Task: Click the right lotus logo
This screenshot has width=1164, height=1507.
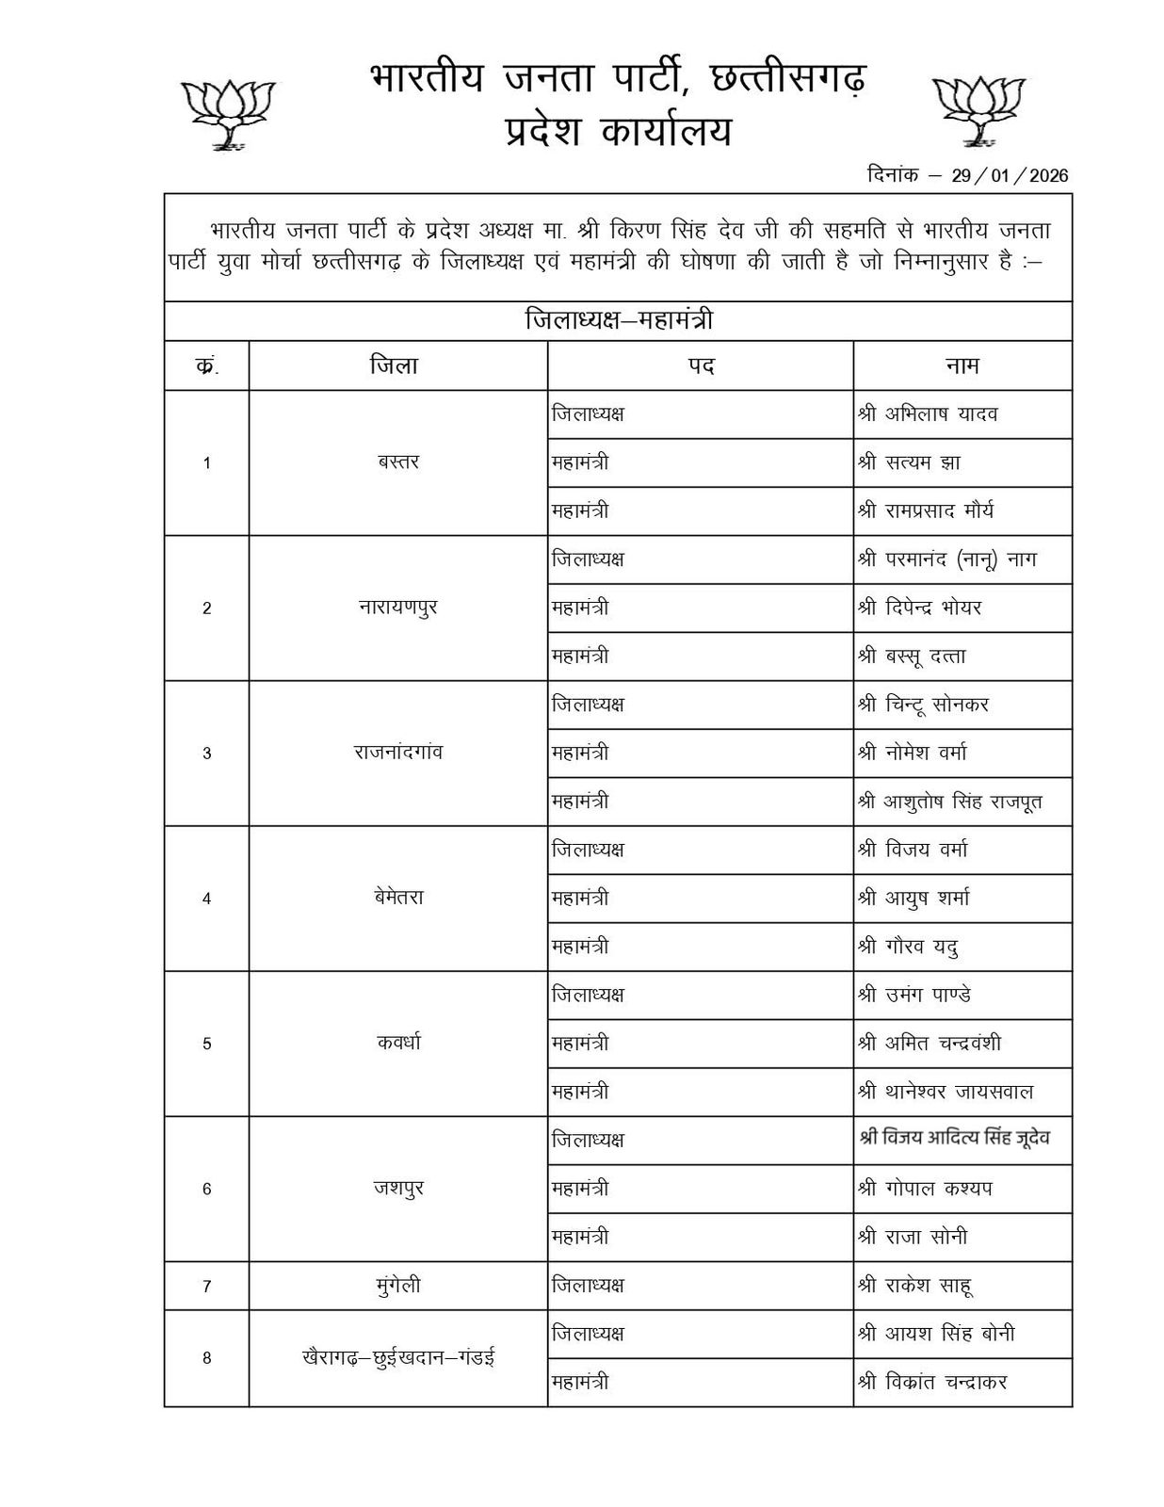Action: point(978,109)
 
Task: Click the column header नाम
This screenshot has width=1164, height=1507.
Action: point(962,365)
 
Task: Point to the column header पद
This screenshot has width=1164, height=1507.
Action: point(700,365)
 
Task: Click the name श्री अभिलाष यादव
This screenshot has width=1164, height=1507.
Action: point(928,414)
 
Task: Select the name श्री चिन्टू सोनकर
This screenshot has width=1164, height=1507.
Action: point(923,705)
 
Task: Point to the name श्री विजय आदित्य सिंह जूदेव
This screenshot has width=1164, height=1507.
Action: point(954,1139)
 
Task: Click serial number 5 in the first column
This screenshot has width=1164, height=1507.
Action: point(207,1044)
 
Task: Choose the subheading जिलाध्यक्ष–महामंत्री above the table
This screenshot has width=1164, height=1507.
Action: point(618,321)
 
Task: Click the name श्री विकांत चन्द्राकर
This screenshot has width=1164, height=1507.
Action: point(932,1383)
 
